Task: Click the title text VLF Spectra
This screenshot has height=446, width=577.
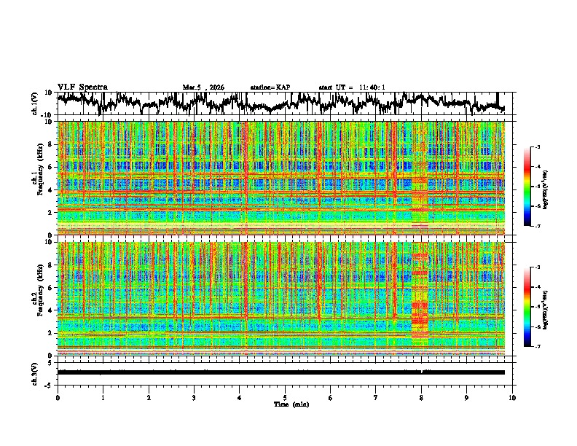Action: [82, 87]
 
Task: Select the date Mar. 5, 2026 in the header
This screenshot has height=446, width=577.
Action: [203, 87]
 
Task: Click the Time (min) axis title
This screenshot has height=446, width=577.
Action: [291, 404]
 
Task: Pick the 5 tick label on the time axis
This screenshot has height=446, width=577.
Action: [286, 397]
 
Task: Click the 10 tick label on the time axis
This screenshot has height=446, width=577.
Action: [513, 397]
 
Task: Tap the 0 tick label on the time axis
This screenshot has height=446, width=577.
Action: [58, 397]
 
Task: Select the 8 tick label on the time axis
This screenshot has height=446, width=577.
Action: [422, 397]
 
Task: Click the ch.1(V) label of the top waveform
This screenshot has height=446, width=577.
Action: [36, 103]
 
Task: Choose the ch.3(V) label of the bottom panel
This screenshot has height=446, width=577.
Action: [36, 372]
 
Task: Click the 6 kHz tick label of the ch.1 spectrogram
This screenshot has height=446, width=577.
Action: [51, 167]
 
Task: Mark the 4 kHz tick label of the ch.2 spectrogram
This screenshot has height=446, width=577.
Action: [51, 310]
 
